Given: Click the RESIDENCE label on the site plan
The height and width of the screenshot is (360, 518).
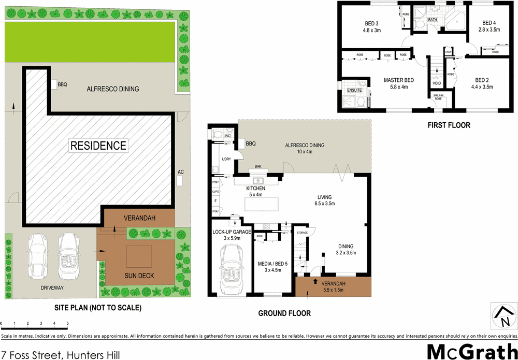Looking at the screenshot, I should (x=98, y=145).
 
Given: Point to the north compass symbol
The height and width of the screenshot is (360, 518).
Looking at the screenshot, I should (x=502, y=316).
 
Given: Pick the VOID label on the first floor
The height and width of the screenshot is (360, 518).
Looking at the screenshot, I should (x=437, y=83).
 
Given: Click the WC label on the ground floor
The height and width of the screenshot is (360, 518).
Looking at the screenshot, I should (x=227, y=135).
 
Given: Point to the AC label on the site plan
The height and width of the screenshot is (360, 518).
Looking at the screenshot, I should (x=181, y=171).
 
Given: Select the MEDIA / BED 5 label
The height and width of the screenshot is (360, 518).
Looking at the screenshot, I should (x=272, y=266).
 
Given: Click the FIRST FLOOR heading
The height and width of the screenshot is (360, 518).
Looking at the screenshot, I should (x=449, y=125).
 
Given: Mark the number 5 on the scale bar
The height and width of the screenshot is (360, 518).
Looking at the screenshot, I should (x=67, y=323).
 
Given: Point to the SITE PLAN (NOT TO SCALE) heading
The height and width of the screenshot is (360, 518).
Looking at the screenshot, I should (x=98, y=308).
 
